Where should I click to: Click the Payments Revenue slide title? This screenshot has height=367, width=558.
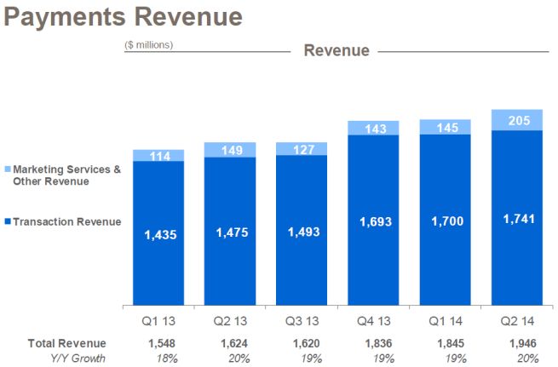pyautogui.click(x=124, y=17)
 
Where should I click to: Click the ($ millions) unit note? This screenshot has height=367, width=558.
pyautogui.click(x=149, y=45)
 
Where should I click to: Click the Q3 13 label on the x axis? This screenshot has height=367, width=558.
pyautogui.click(x=302, y=322)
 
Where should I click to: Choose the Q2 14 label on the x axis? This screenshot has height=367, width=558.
pyautogui.click(x=517, y=322)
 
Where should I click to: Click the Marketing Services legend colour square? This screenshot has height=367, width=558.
pyautogui.click(x=7, y=170)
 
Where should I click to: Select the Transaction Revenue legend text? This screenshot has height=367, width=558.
pyautogui.click(x=67, y=222)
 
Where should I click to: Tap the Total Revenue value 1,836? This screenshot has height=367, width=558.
pyautogui.click(x=374, y=343)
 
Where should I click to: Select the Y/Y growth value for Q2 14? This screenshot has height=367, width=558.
pyautogui.click(x=517, y=358)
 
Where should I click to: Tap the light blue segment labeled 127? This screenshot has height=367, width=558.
pyautogui.click(x=302, y=149)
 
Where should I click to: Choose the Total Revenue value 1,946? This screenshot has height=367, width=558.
pyautogui.click(x=517, y=343)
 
